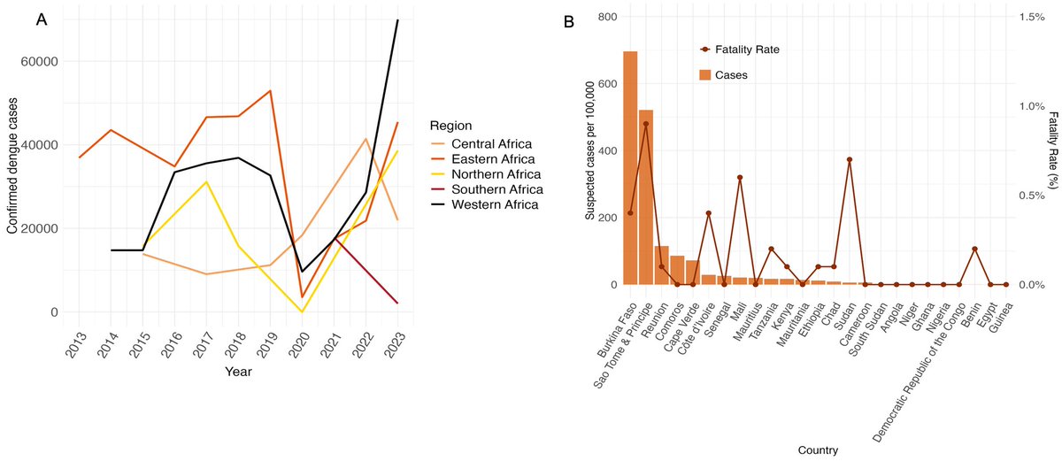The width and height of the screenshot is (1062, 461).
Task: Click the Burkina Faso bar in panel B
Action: click(630, 168)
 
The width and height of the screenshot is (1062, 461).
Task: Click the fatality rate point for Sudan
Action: click(850, 160)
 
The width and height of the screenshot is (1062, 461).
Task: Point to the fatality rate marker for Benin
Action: click(974, 250)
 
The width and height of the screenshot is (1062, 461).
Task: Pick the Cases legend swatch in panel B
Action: click(705, 75)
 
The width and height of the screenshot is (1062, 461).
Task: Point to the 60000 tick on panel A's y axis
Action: click(40, 62)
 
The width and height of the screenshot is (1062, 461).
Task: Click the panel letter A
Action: click(41, 19)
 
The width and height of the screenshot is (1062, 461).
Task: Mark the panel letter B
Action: click(569, 20)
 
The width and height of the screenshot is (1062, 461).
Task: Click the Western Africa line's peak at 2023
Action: click(397, 19)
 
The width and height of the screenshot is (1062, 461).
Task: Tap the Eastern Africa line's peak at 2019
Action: click(270, 90)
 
